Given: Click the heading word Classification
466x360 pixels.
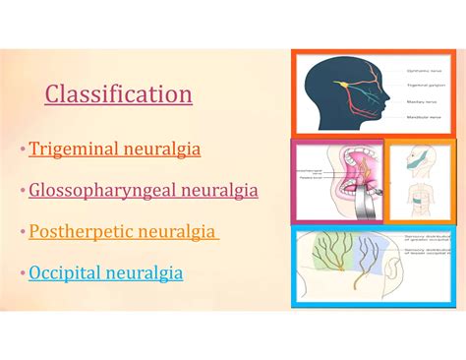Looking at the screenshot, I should tap(118, 95).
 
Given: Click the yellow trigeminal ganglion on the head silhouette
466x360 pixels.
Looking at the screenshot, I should tap(345, 85).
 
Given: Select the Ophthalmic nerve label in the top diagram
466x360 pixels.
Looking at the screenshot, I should tap(424, 71).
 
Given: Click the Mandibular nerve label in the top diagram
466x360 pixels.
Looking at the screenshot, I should tap(425, 116).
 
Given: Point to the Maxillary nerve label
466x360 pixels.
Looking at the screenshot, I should tap(422, 101).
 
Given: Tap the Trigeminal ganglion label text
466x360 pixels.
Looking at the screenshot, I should tap(426, 86).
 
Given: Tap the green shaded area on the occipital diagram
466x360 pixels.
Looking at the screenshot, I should tap(328, 258).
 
